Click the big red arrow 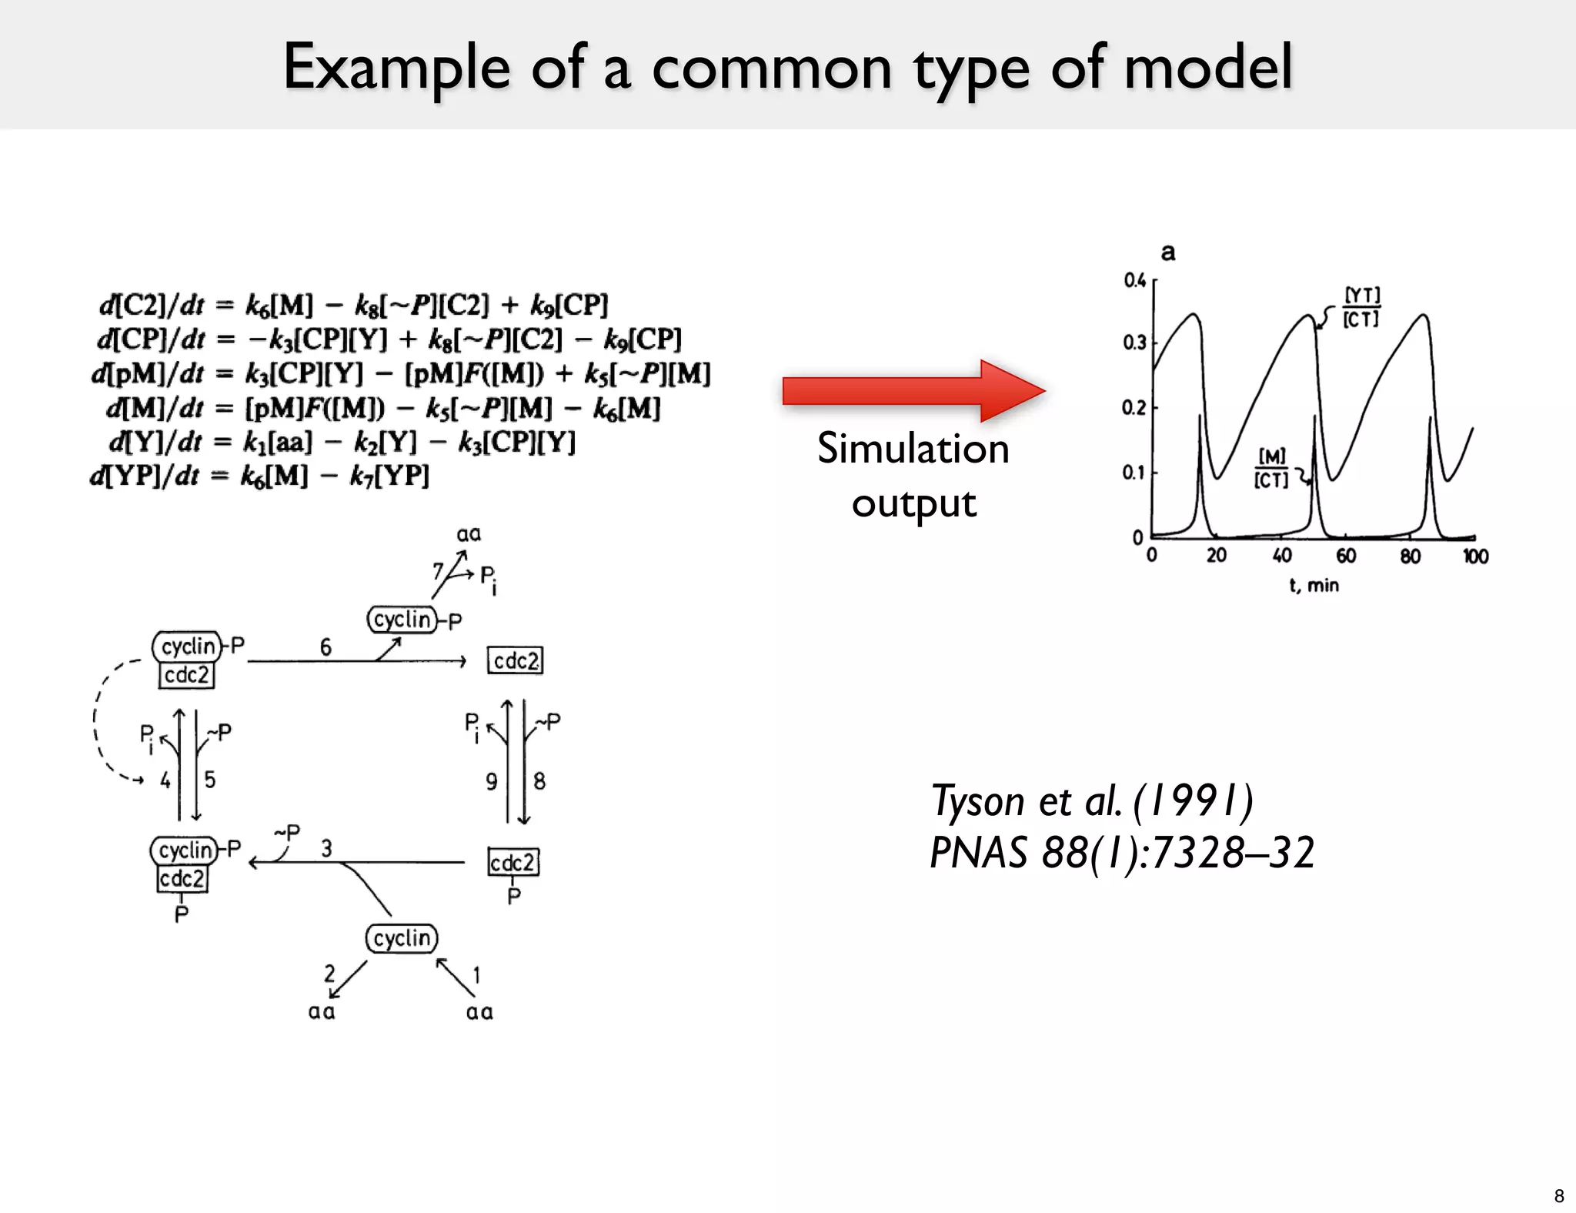tap(912, 390)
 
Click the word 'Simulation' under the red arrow tap(913, 448)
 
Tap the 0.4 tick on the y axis tap(1134, 280)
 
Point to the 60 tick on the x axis tap(1346, 556)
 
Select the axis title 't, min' tap(1314, 585)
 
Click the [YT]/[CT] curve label tap(1361, 307)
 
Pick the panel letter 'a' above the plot tap(1168, 252)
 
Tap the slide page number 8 tap(1559, 1195)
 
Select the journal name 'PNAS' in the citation tap(978, 853)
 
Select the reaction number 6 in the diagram tap(326, 647)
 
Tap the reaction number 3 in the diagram tap(326, 848)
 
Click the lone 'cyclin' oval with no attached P tap(401, 938)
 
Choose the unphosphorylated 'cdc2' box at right tap(515, 660)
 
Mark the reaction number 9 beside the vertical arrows tap(491, 782)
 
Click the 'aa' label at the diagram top tap(469, 534)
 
